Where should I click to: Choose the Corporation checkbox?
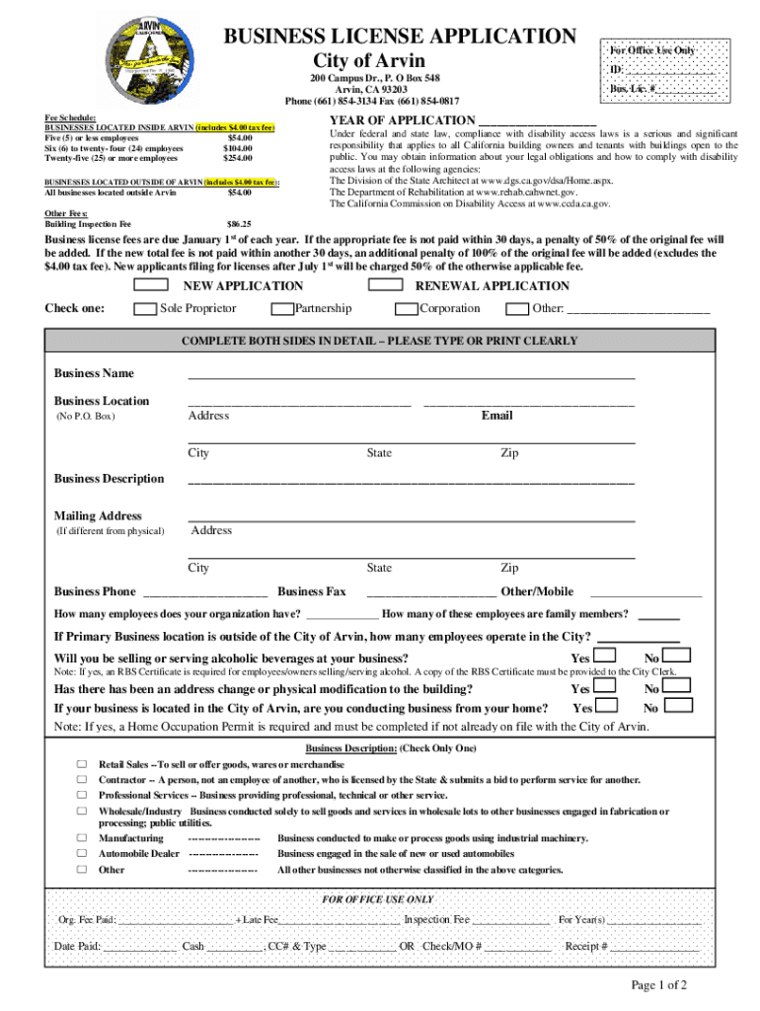click(x=405, y=309)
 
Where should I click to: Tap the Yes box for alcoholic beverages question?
click(x=605, y=657)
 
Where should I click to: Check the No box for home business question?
click(x=679, y=707)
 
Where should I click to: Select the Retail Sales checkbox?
click(x=83, y=765)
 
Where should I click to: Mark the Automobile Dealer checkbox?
click(x=83, y=853)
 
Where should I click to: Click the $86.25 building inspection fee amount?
click(x=239, y=224)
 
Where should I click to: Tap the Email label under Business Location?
click(x=496, y=416)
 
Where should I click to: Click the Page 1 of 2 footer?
click(x=659, y=985)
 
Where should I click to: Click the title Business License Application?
click(x=400, y=37)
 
